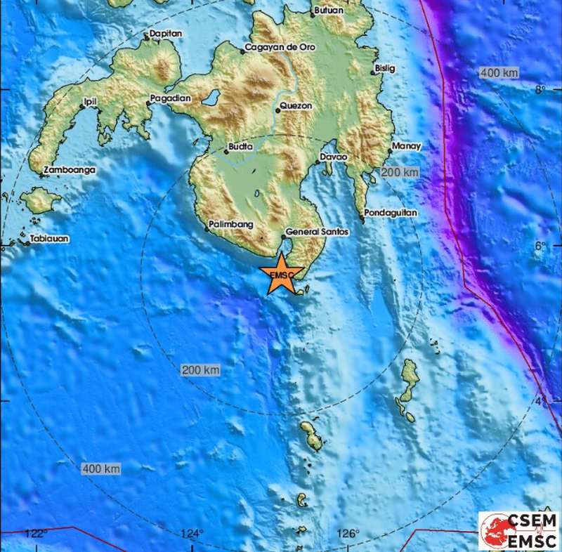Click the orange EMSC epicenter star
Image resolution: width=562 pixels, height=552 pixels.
point(281,275)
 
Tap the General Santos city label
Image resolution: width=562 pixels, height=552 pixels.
point(316,231)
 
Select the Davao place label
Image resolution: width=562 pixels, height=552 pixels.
point(334,157)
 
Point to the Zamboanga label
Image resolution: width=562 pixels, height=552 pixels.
point(69,170)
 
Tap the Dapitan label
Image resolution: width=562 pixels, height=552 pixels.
point(166,33)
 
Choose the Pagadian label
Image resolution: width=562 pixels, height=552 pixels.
point(170,99)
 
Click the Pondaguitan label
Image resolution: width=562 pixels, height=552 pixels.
point(390,213)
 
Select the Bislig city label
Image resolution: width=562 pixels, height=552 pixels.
point(386,68)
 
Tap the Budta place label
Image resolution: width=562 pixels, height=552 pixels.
point(240,148)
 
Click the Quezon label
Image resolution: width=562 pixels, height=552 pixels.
point(295,107)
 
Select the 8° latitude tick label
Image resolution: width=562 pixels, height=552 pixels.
point(540,89)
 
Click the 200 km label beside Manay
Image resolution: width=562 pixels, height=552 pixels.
point(399,172)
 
